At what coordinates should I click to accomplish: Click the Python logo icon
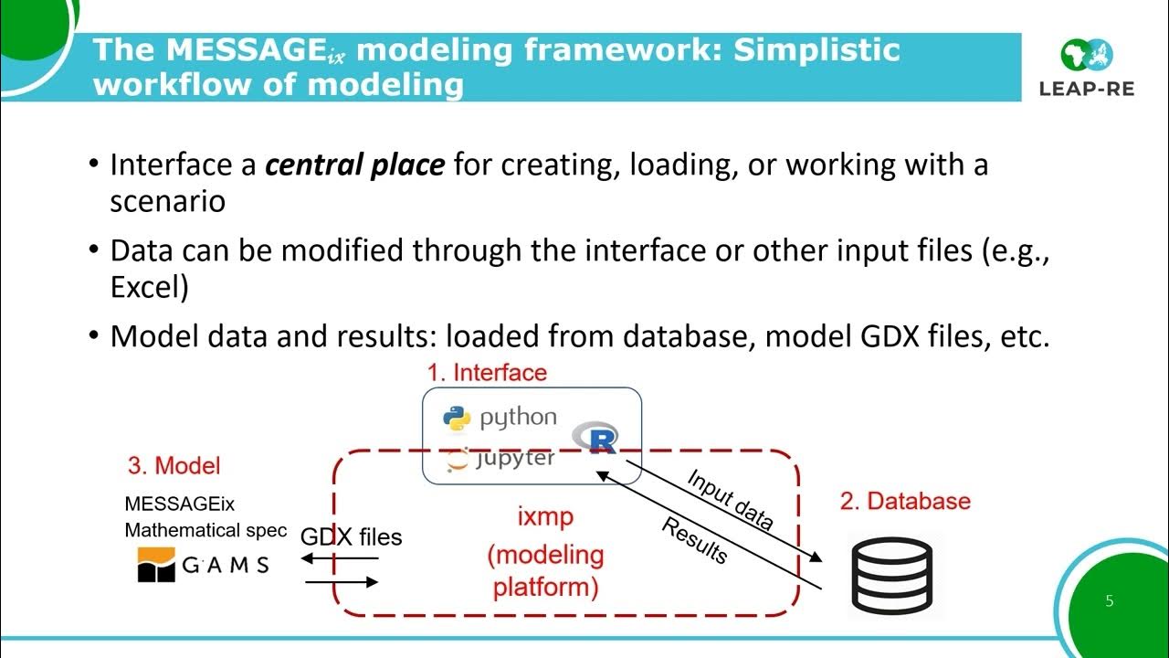point(457,419)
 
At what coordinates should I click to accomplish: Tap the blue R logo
point(595,438)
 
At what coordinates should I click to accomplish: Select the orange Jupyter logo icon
point(458,460)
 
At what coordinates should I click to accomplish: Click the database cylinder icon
point(892,575)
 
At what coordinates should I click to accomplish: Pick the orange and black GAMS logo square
point(156,564)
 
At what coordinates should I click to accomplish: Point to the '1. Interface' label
point(487,373)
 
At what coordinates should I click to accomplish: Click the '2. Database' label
point(905,501)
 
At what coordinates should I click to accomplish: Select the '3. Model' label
point(174,465)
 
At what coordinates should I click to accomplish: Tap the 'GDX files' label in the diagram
point(352,536)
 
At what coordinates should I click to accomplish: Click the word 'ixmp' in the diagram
point(545,516)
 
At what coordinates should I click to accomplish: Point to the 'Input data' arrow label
point(730,499)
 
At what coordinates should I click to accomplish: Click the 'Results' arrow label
point(694,540)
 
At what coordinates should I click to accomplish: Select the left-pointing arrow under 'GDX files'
point(340,558)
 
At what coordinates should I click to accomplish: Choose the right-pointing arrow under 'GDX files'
point(342,582)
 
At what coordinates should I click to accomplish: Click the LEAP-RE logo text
point(1087,89)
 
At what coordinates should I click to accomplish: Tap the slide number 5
point(1110,600)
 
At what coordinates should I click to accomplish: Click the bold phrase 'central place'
point(355,164)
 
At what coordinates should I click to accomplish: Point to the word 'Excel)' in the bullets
point(149,287)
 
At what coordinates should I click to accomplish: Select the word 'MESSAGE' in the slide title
point(247,49)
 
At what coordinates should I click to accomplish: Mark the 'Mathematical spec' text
point(205,530)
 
